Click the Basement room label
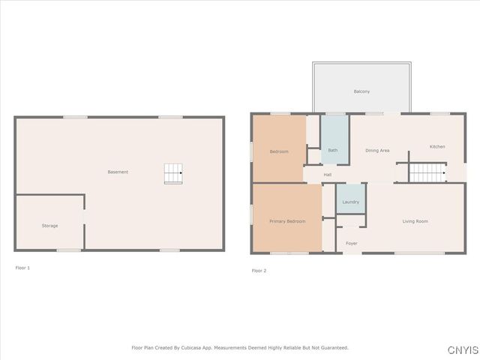tap(118, 172)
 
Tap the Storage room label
tap(49, 226)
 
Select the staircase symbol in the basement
tap(173, 173)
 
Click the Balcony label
tap(361, 91)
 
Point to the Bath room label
tap(332, 150)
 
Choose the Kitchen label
tap(437, 146)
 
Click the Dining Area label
tap(377, 151)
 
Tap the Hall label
tap(328, 175)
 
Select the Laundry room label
tap(350, 202)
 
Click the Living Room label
tap(415, 221)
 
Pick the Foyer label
tap(351, 243)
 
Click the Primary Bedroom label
tap(287, 221)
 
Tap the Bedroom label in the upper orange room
tap(279, 151)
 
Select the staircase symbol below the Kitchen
tap(427, 173)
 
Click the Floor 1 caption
tap(23, 267)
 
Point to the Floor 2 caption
tap(259, 270)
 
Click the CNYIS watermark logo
tap(462, 350)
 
